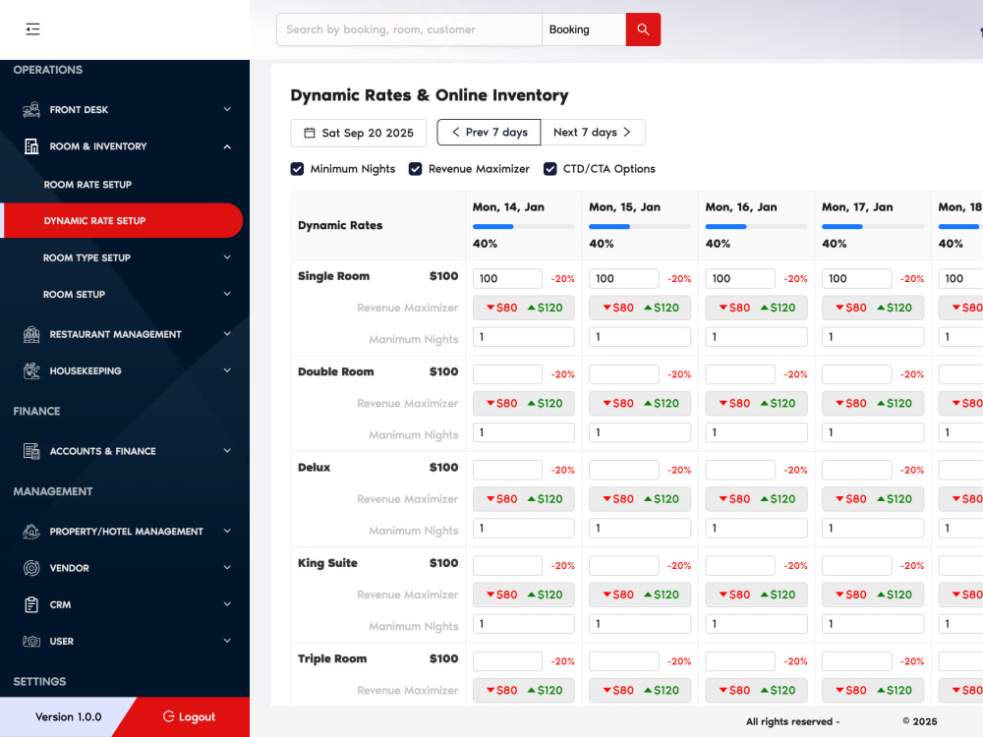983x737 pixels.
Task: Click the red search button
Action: coord(643,29)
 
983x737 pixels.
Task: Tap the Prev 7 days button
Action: coord(489,133)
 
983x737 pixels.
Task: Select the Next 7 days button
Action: coord(593,133)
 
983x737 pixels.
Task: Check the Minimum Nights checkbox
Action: coord(297,169)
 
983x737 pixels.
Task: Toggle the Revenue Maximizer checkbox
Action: coord(415,169)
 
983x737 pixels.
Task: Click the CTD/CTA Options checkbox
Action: coord(549,169)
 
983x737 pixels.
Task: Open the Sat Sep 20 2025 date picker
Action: coord(359,133)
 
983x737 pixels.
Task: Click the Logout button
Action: coord(189,716)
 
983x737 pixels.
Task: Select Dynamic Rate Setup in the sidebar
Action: coord(122,220)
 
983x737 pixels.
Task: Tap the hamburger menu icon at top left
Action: coord(32,28)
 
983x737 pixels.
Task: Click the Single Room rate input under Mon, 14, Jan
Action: coord(507,278)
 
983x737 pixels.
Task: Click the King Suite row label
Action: coord(327,563)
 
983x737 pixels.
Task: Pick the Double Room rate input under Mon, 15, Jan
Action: coord(624,374)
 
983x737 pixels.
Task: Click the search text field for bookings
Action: coord(409,29)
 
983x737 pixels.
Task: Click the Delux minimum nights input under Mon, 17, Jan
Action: coord(873,529)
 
